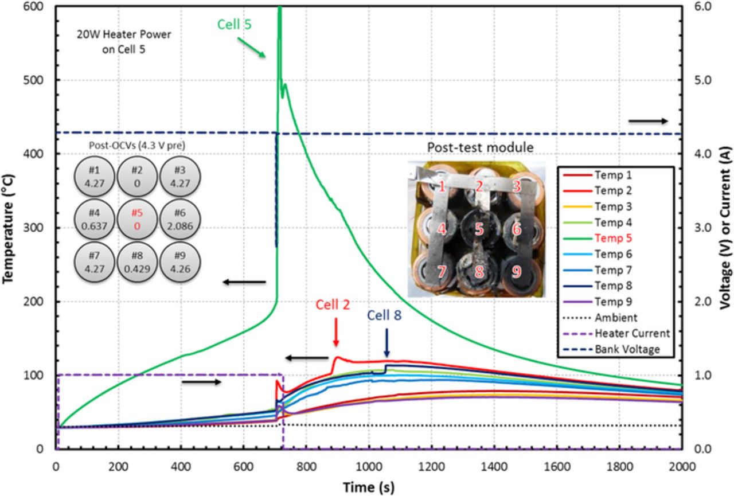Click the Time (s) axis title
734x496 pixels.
tap(369, 487)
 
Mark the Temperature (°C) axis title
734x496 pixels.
tap(9, 227)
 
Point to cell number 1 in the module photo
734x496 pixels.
tap(442, 186)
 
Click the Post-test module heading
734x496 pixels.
tap(481, 147)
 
